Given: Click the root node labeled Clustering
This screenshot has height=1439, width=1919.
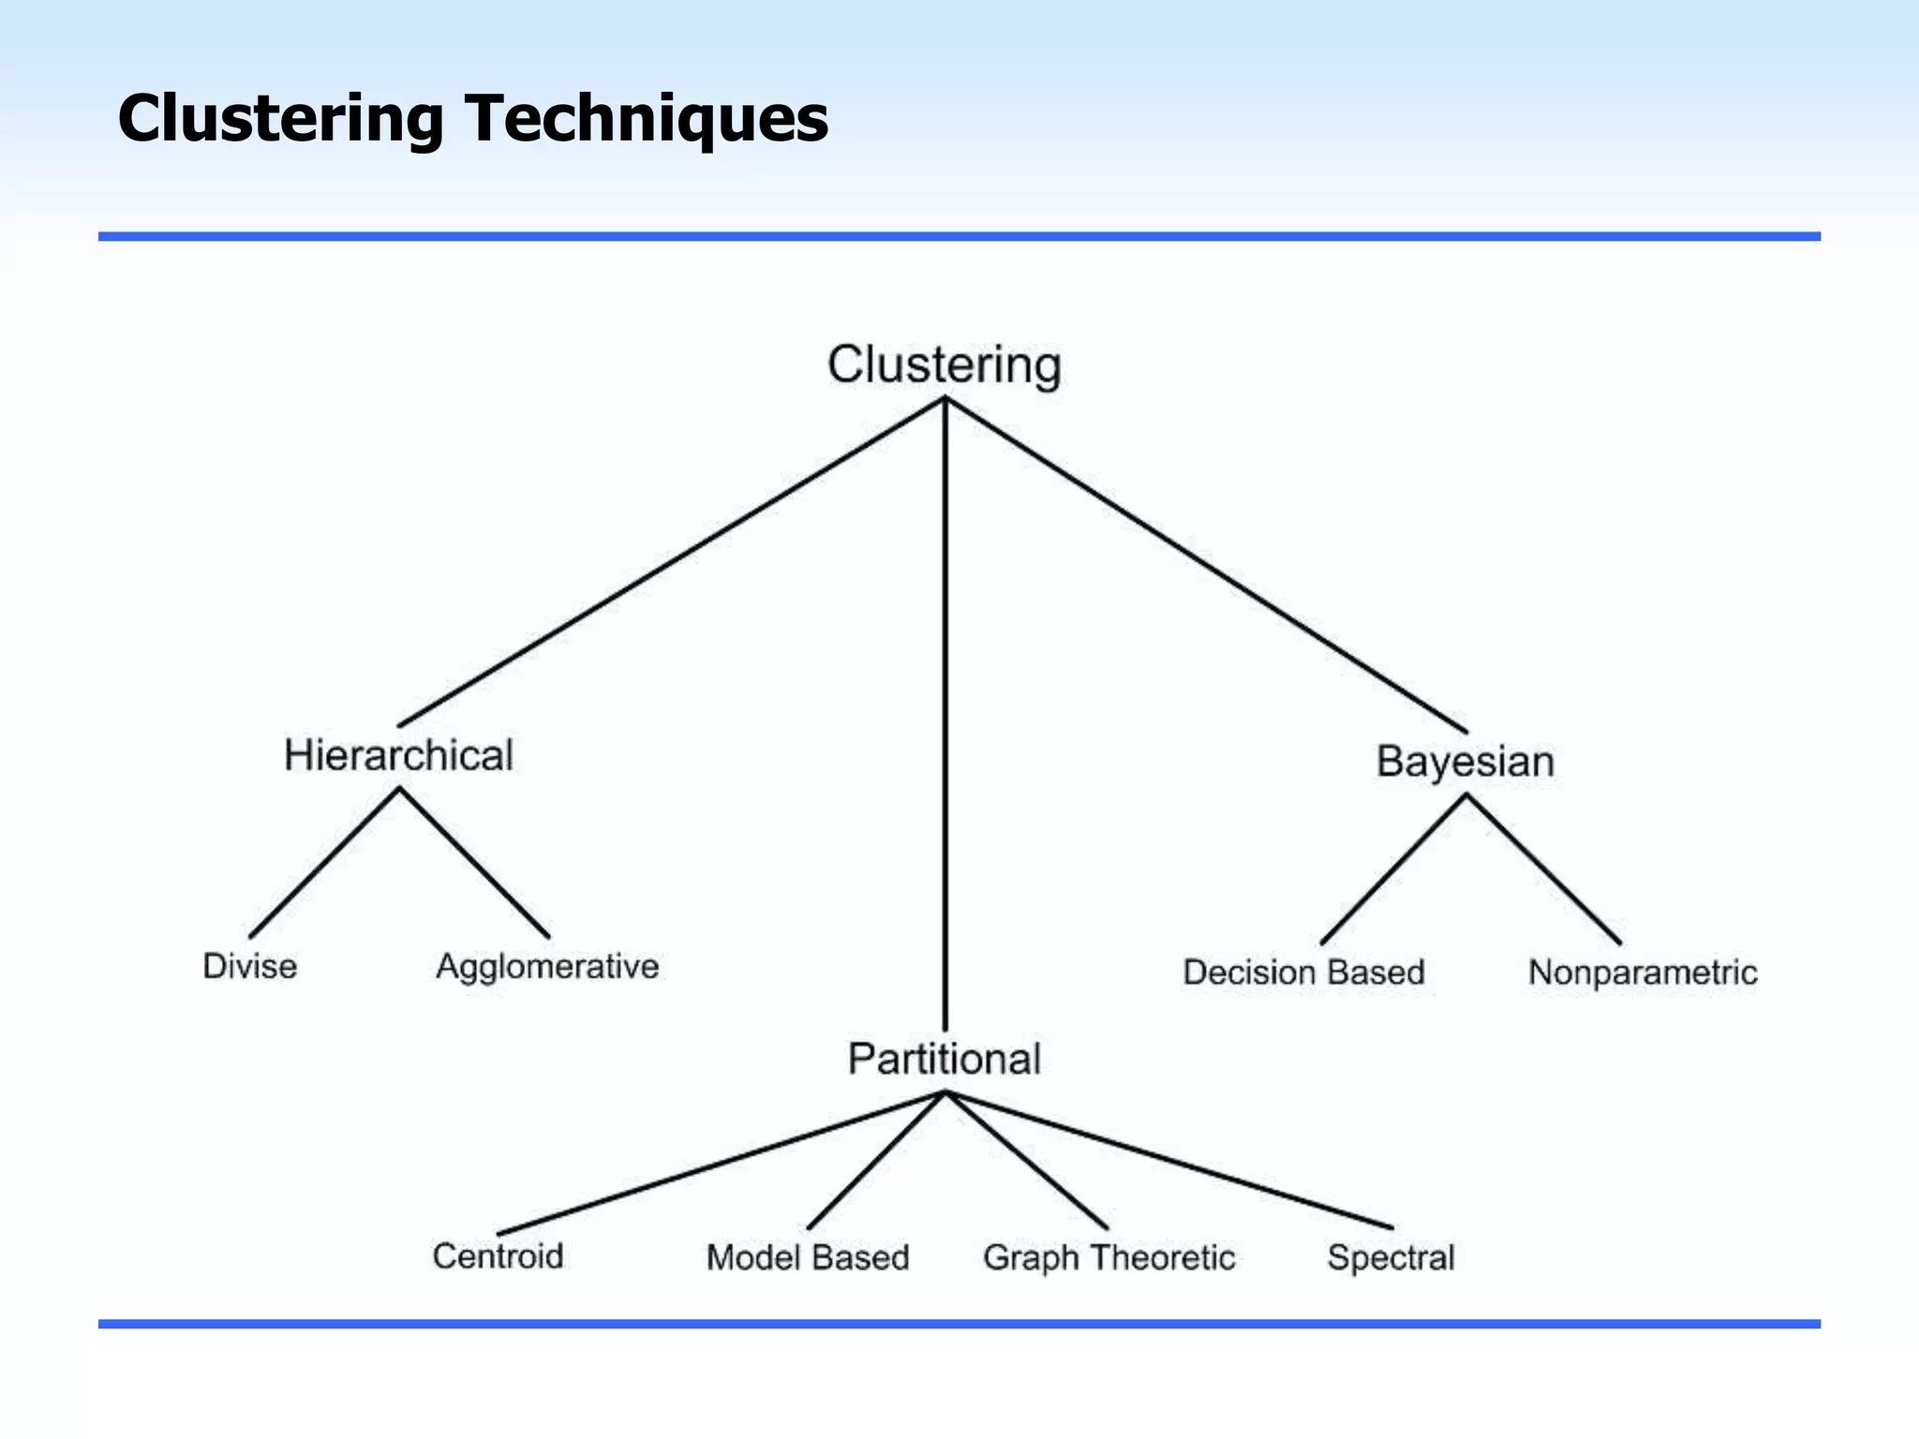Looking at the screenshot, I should (x=944, y=365).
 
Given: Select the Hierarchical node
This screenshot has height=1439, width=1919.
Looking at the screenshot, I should (x=398, y=756).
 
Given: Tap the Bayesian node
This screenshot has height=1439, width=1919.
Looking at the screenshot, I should (x=1465, y=761).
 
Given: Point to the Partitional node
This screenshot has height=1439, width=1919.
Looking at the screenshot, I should (x=944, y=1060).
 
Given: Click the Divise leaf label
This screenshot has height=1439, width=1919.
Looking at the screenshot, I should (x=249, y=966).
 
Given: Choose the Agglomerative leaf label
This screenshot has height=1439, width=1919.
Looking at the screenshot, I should (x=547, y=967).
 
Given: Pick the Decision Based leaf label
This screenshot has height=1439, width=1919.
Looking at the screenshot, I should (x=1303, y=972).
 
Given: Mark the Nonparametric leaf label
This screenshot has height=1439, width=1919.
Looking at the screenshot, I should (x=1643, y=972).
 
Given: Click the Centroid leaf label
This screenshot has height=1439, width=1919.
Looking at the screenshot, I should (x=498, y=1256).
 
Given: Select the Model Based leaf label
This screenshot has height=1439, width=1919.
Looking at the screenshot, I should (x=808, y=1257).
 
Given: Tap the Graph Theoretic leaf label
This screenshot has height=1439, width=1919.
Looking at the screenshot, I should (x=1108, y=1257).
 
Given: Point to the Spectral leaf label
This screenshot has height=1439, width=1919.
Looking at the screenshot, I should (x=1391, y=1257).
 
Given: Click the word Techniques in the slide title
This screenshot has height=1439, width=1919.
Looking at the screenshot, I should (x=647, y=119).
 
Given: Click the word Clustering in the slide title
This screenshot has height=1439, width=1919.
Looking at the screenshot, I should (x=280, y=119).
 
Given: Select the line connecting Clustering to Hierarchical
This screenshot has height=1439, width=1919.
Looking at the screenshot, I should (x=671, y=562).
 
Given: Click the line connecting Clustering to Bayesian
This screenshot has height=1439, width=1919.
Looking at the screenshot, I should (x=1206, y=566).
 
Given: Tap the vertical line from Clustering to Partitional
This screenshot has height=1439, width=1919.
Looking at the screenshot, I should (x=945, y=712).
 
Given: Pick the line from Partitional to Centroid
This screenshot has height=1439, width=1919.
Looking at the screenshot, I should (x=721, y=1163).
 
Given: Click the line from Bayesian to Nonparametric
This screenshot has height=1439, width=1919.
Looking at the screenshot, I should (x=1543, y=868).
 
